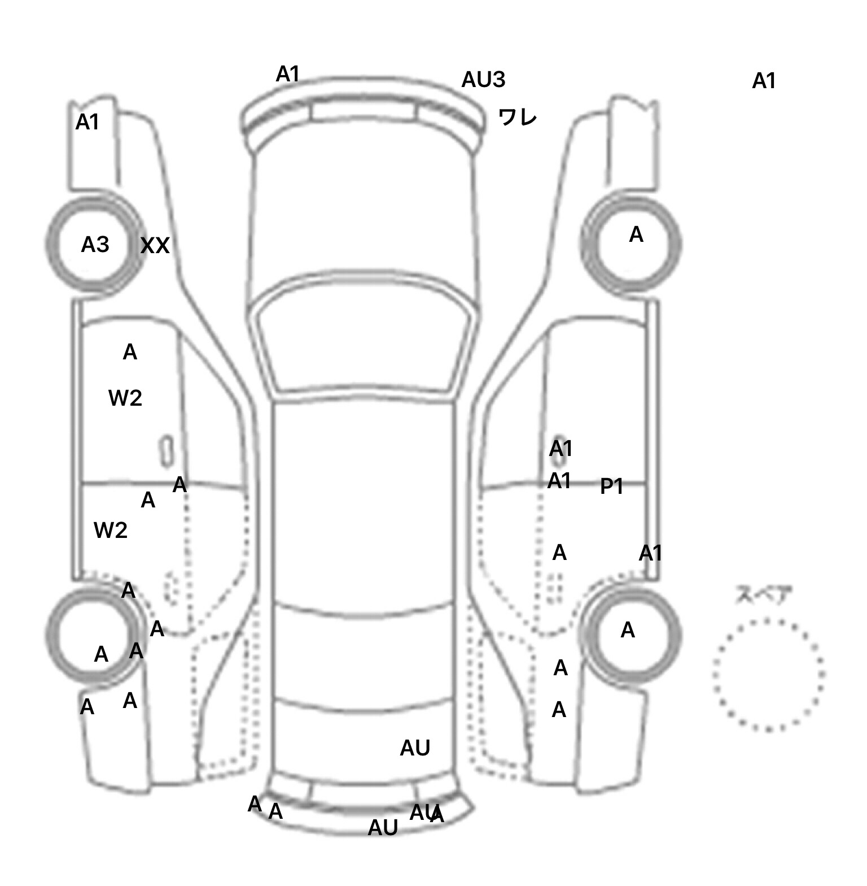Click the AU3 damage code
tap(483, 80)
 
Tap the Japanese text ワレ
tap(517, 118)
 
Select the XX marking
tap(155, 245)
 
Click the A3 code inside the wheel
tap(95, 245)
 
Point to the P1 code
tap(611, 486)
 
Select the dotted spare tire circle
tap(768, 675)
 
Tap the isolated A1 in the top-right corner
tap(764, 81)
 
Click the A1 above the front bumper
tap(287, 74)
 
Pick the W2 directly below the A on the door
tap(125, 398)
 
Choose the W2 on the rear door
tap(110, 530)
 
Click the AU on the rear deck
tap(415, 748)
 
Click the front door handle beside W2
tap(166, 450)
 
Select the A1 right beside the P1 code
tap(559, 481)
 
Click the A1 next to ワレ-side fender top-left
tap(87, 122)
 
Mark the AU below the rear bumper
tap(383, 828)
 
